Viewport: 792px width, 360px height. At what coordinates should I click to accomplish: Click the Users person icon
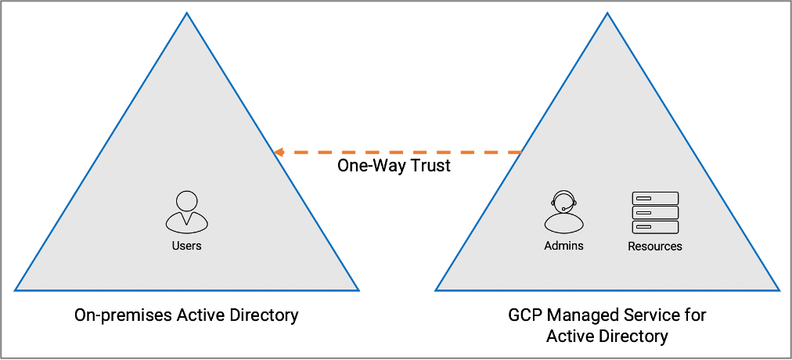186,212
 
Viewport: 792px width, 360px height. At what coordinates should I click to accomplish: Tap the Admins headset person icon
563,213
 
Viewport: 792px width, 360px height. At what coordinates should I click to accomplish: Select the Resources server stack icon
655,213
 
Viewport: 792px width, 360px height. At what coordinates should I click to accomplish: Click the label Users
186,246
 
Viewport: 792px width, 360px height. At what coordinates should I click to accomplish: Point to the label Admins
563,246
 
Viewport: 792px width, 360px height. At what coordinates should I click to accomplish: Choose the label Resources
655,247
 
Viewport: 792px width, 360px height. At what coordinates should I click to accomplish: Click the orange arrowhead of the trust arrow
279,152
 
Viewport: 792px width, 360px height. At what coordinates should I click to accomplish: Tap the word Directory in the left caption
261,316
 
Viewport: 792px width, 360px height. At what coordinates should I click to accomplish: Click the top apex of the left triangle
186,14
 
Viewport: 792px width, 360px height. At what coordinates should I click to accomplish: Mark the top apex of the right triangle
607,14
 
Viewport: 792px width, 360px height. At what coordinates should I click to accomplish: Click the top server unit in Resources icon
655,198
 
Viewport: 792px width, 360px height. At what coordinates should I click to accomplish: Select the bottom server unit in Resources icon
655,227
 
